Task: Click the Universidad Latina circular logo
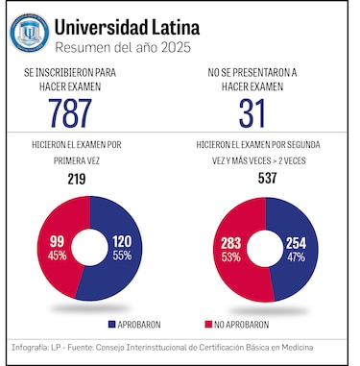(30, 33)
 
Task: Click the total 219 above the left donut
(77, 179)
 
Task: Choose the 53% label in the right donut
(230, 256)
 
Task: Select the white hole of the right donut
(263, 248)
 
